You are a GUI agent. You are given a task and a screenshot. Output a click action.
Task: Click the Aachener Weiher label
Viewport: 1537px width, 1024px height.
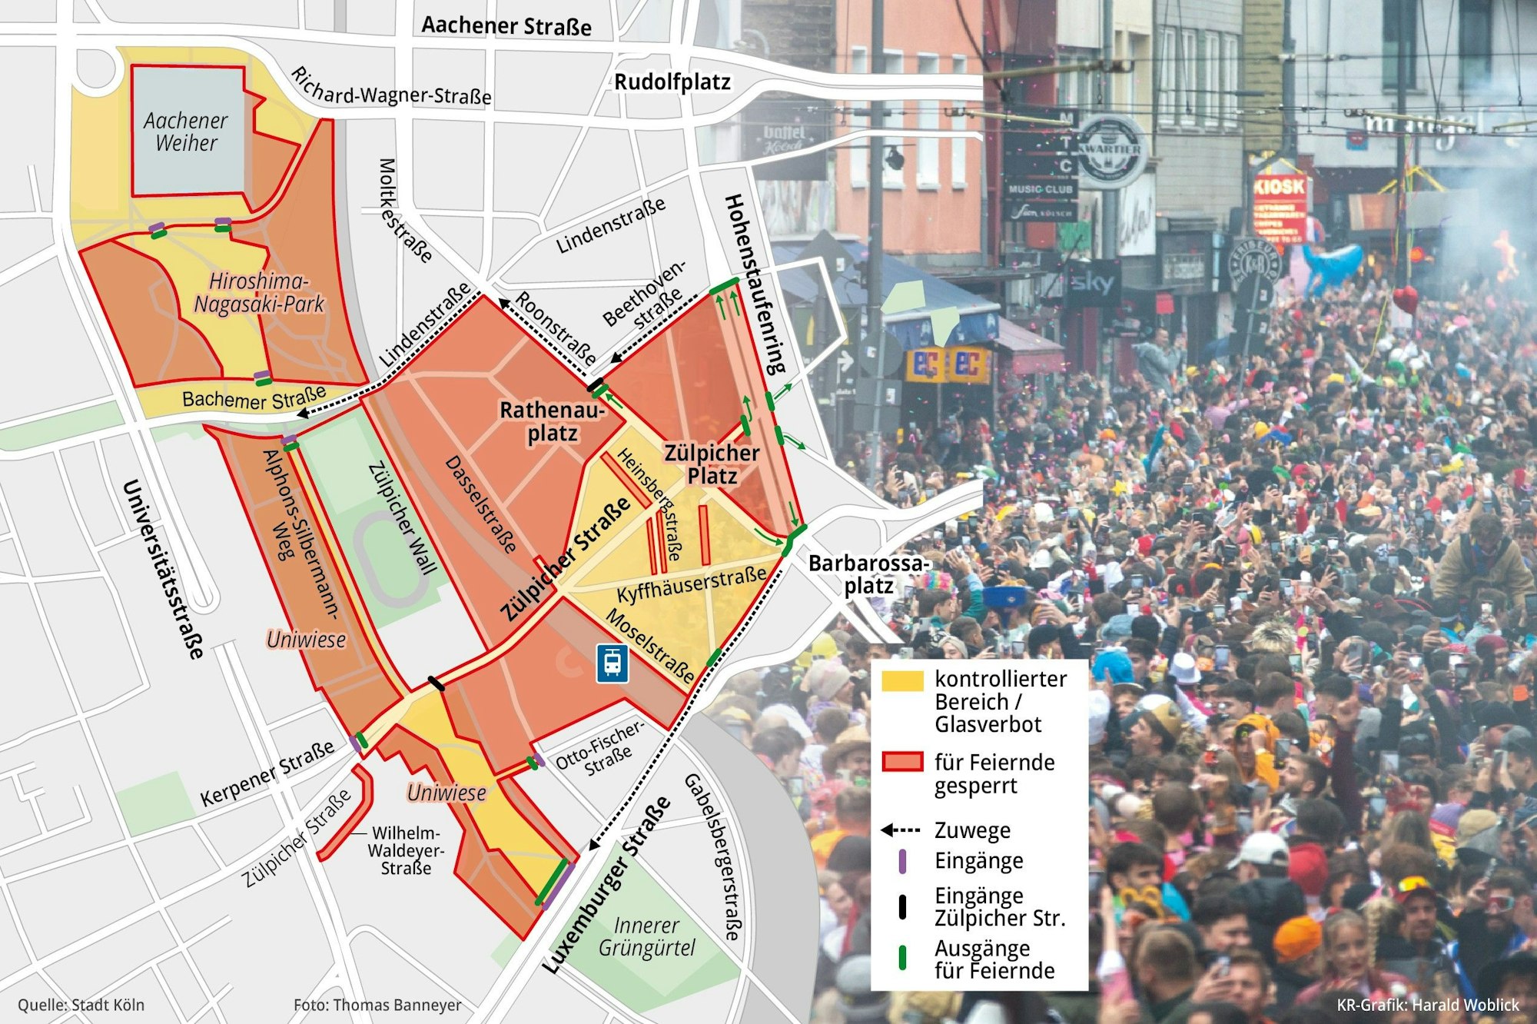coord(185,131)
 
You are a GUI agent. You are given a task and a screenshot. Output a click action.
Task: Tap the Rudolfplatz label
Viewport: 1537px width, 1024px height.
coord(672,82)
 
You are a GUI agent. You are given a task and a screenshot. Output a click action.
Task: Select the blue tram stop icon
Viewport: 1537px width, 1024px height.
coord(612,663)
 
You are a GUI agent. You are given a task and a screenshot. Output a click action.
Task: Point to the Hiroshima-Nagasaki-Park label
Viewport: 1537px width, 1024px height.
coord(258,293)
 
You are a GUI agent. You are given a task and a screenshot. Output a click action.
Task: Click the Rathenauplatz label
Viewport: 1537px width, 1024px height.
coord(551,421)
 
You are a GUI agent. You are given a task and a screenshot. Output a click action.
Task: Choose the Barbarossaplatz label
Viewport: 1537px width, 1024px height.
coord(868,574)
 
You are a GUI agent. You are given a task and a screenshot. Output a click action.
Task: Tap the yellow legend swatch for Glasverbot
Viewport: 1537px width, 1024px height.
coord(902,681)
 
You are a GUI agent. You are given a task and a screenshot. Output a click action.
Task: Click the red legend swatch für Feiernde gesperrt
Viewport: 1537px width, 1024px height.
coord(902,762)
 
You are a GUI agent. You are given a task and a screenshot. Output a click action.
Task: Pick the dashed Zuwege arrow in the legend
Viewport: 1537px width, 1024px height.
coord(900,830)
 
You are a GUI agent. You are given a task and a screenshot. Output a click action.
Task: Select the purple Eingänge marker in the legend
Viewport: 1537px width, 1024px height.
coord(902,861)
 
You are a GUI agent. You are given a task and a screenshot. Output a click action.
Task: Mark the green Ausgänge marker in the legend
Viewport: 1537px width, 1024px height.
coord(902,958)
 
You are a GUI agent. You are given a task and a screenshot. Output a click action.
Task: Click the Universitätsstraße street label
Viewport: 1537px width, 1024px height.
coord(164,569)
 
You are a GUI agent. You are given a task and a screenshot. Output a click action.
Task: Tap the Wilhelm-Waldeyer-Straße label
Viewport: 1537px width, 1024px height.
coord(406,850)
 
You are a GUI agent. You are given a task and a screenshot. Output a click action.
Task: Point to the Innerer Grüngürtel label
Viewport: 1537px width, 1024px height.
coord(646,937)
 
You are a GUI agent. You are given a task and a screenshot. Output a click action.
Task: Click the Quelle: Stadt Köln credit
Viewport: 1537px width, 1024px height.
coord(81,1005)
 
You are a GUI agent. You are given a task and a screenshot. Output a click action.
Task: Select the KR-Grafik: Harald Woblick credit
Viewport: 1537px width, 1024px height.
coord(1427,1005)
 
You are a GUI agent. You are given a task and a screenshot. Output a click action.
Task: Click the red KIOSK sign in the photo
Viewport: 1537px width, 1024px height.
coord(1279,187)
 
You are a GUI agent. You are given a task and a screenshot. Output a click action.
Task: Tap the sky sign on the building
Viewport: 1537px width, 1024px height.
coord(1092,283)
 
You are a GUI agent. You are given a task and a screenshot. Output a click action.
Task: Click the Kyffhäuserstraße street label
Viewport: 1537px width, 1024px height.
coord(691,585)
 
